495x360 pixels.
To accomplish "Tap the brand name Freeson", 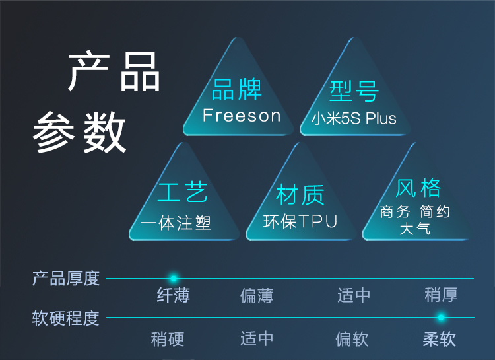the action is [242, 116].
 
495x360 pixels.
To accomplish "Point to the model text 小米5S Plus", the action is [354, 119].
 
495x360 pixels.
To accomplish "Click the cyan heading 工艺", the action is [183, 193].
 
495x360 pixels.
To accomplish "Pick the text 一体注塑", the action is [176, 223].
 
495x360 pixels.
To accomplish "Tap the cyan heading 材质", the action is [300, 194].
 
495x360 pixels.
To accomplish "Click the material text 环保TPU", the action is [300, 221].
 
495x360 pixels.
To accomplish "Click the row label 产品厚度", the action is [66, 278].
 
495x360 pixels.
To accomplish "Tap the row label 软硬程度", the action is [66, 318].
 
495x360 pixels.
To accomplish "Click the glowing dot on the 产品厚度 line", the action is [174, 279].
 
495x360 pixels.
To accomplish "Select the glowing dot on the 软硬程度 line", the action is [441, 318].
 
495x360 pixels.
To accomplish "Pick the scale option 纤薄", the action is [174, 295].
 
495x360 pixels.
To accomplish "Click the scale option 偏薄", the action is [257, 295].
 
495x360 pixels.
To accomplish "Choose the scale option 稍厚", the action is [441, 295].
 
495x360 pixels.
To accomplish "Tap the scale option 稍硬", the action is [168, 340].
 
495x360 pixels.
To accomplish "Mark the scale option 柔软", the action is [440, 340].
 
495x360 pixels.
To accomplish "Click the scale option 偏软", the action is [352, 340].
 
